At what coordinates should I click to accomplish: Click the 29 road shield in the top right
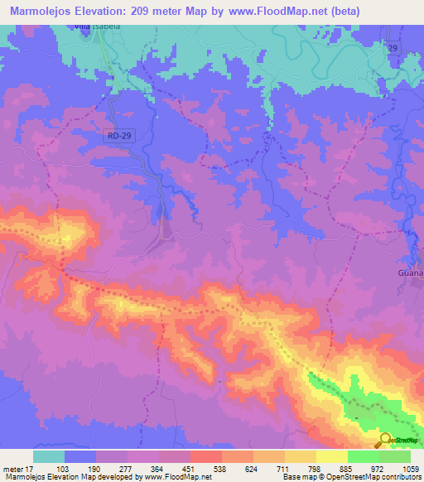[395, 50]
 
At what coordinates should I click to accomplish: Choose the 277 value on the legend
[128, 469]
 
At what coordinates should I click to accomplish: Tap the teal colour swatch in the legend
[49, 456]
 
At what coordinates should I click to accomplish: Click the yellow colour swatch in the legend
[332, 456]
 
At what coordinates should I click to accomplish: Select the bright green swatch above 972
[364, 456]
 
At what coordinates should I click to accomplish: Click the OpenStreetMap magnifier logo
[386, 440]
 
